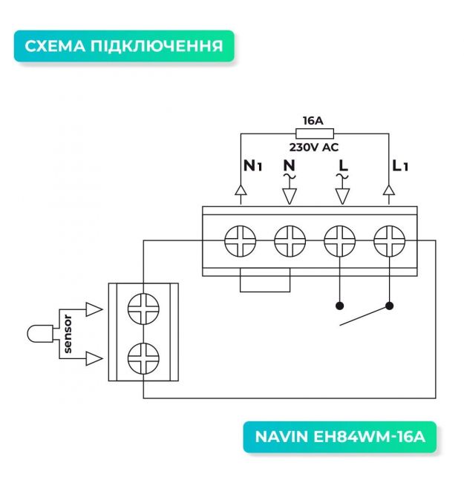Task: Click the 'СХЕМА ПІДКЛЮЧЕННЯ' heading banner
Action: click(123, 46)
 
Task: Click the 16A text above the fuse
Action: click(313, 120)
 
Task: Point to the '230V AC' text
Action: click(314, 147)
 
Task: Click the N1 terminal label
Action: click(253, 166)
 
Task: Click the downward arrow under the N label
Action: click(290, 195)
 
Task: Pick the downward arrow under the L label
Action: click(342, 195)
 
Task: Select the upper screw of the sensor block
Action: click(143, 308)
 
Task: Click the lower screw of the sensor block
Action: click(143, 359)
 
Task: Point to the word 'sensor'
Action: click(68, 334)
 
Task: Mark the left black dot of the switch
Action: click(339, 305)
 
